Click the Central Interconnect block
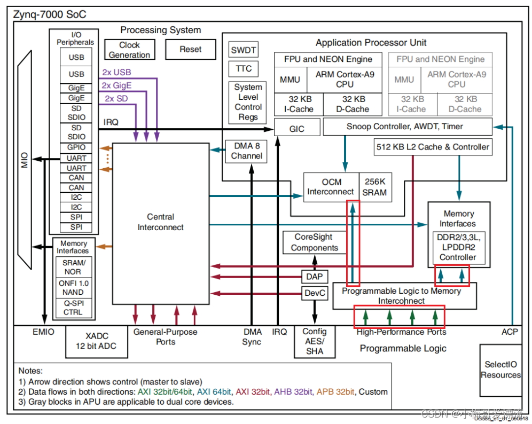click(160, 222)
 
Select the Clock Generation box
click(129, 50)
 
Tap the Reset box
click(190, 49)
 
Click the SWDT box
click(244, 51)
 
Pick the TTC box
click(244, 68)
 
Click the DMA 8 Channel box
click(247, 151)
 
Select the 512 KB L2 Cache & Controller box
click(433, 147)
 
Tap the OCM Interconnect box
click(331, 187)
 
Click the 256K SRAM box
click(374, 187)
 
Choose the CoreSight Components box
click(314, 242)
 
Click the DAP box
click(314, 276)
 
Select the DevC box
click(314, 293)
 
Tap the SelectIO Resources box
click(500, 370)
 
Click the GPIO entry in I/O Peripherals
click(76, 148)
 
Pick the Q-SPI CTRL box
click(73, 307)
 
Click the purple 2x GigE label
click(116, 85)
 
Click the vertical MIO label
click(25, 159)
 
